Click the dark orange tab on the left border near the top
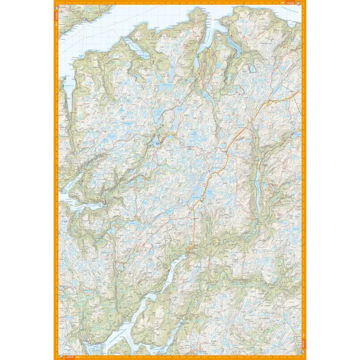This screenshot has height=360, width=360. [x=56, y=17]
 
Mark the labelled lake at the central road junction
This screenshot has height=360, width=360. [x=157, y=143]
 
